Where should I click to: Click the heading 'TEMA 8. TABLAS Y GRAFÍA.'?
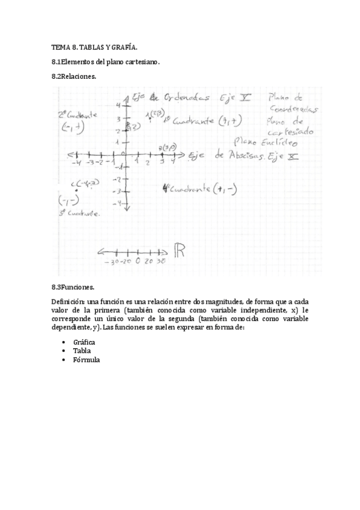[x=94, y=47]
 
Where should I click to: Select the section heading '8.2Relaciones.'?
[x=73, y=77]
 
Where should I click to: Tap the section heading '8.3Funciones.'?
[x=73, y=287]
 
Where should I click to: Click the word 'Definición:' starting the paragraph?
[x=68, y=301]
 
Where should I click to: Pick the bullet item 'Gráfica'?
[x=84, y=342]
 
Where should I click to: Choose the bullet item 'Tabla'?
[x=82, y=351]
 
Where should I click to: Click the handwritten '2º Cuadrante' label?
[x=78, y=114]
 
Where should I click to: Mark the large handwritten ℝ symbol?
[x=179, y=251]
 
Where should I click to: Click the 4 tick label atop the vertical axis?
[x=119, y=105]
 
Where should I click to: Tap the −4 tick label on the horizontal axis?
[x=76, y=162]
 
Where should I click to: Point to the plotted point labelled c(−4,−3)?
[x=76, y=190]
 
